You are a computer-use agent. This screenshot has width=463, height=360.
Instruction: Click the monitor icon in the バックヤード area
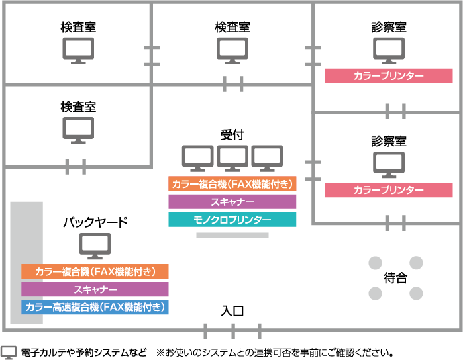(x=95, y=245)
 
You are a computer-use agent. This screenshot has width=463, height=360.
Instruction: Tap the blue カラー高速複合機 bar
(x=95, y=307)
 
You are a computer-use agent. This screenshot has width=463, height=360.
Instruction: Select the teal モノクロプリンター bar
(x=232, y=220)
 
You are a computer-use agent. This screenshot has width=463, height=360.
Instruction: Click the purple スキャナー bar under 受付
(x=232, y=202)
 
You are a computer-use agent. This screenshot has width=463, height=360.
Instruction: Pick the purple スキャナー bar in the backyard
(x=95, y=289)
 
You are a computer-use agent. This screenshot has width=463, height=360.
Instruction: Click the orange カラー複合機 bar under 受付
(x=232, y=184)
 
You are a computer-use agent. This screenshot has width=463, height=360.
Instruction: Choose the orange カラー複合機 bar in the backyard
(x=95, y=271)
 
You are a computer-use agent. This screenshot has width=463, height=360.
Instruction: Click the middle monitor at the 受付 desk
(x=232, y=157)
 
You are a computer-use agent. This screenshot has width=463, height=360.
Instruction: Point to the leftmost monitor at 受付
(x=198, y=157)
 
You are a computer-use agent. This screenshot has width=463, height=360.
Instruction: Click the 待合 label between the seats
(x=395, y=279)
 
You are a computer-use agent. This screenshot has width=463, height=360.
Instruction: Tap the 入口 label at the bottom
(x=232, y=311)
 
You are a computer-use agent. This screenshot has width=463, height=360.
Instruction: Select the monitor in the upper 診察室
(x=389, y=50)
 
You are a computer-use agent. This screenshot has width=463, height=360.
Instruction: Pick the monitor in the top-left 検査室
(x=78, y=50)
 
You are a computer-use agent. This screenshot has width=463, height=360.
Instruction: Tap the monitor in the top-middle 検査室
(x=232, y=50)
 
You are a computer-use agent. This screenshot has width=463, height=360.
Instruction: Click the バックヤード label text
(x=95, y=222)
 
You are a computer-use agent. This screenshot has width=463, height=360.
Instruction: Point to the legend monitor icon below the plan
(x=9, y=352)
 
